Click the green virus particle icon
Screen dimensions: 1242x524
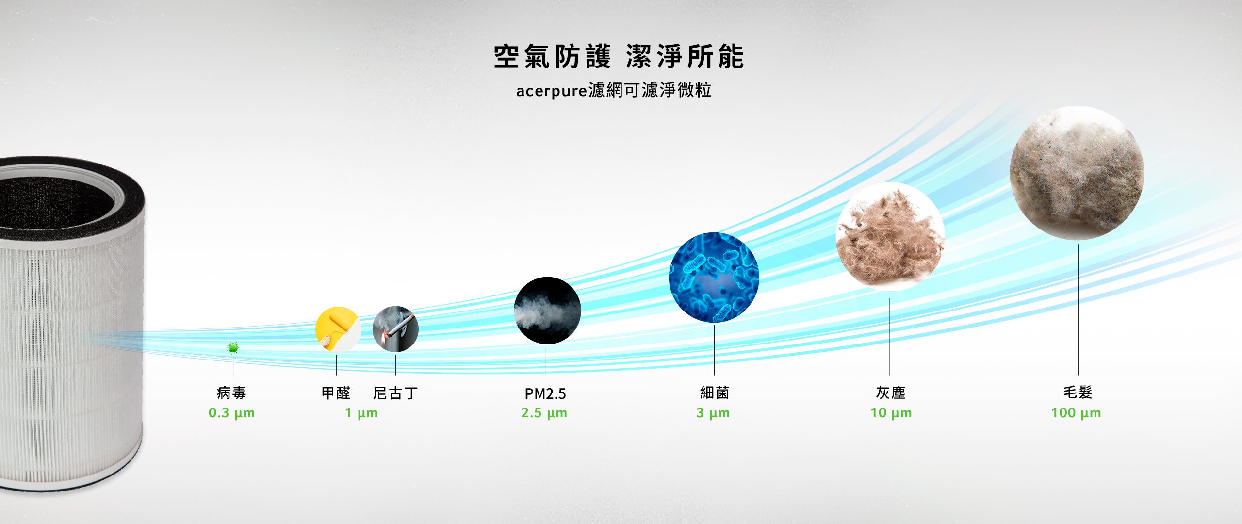point(233,347)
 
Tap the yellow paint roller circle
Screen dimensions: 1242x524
point(338,329)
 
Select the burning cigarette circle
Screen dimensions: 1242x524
point(395,329)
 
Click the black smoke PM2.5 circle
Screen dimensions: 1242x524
point(547,311)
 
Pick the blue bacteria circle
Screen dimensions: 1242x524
point(714,277)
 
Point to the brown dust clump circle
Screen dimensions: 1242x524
point(890,237)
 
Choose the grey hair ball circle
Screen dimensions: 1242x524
point(1077,173)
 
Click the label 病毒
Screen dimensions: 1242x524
point(231,393)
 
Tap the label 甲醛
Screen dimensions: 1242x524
point(336,393)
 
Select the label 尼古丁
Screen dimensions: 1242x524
point(395,393)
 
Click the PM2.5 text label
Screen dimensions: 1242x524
point(545,393)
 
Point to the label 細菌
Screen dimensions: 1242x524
point(715,393)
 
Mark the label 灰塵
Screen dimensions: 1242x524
point(891,393)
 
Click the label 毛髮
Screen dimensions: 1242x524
point(1078,393)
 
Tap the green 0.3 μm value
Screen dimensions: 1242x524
point(231,413)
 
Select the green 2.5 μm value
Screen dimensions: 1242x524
point(544,413)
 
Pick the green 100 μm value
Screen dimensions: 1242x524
point(1076,413)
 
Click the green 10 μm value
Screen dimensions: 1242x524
point(891,413)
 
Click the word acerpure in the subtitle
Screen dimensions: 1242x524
point(552,91)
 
